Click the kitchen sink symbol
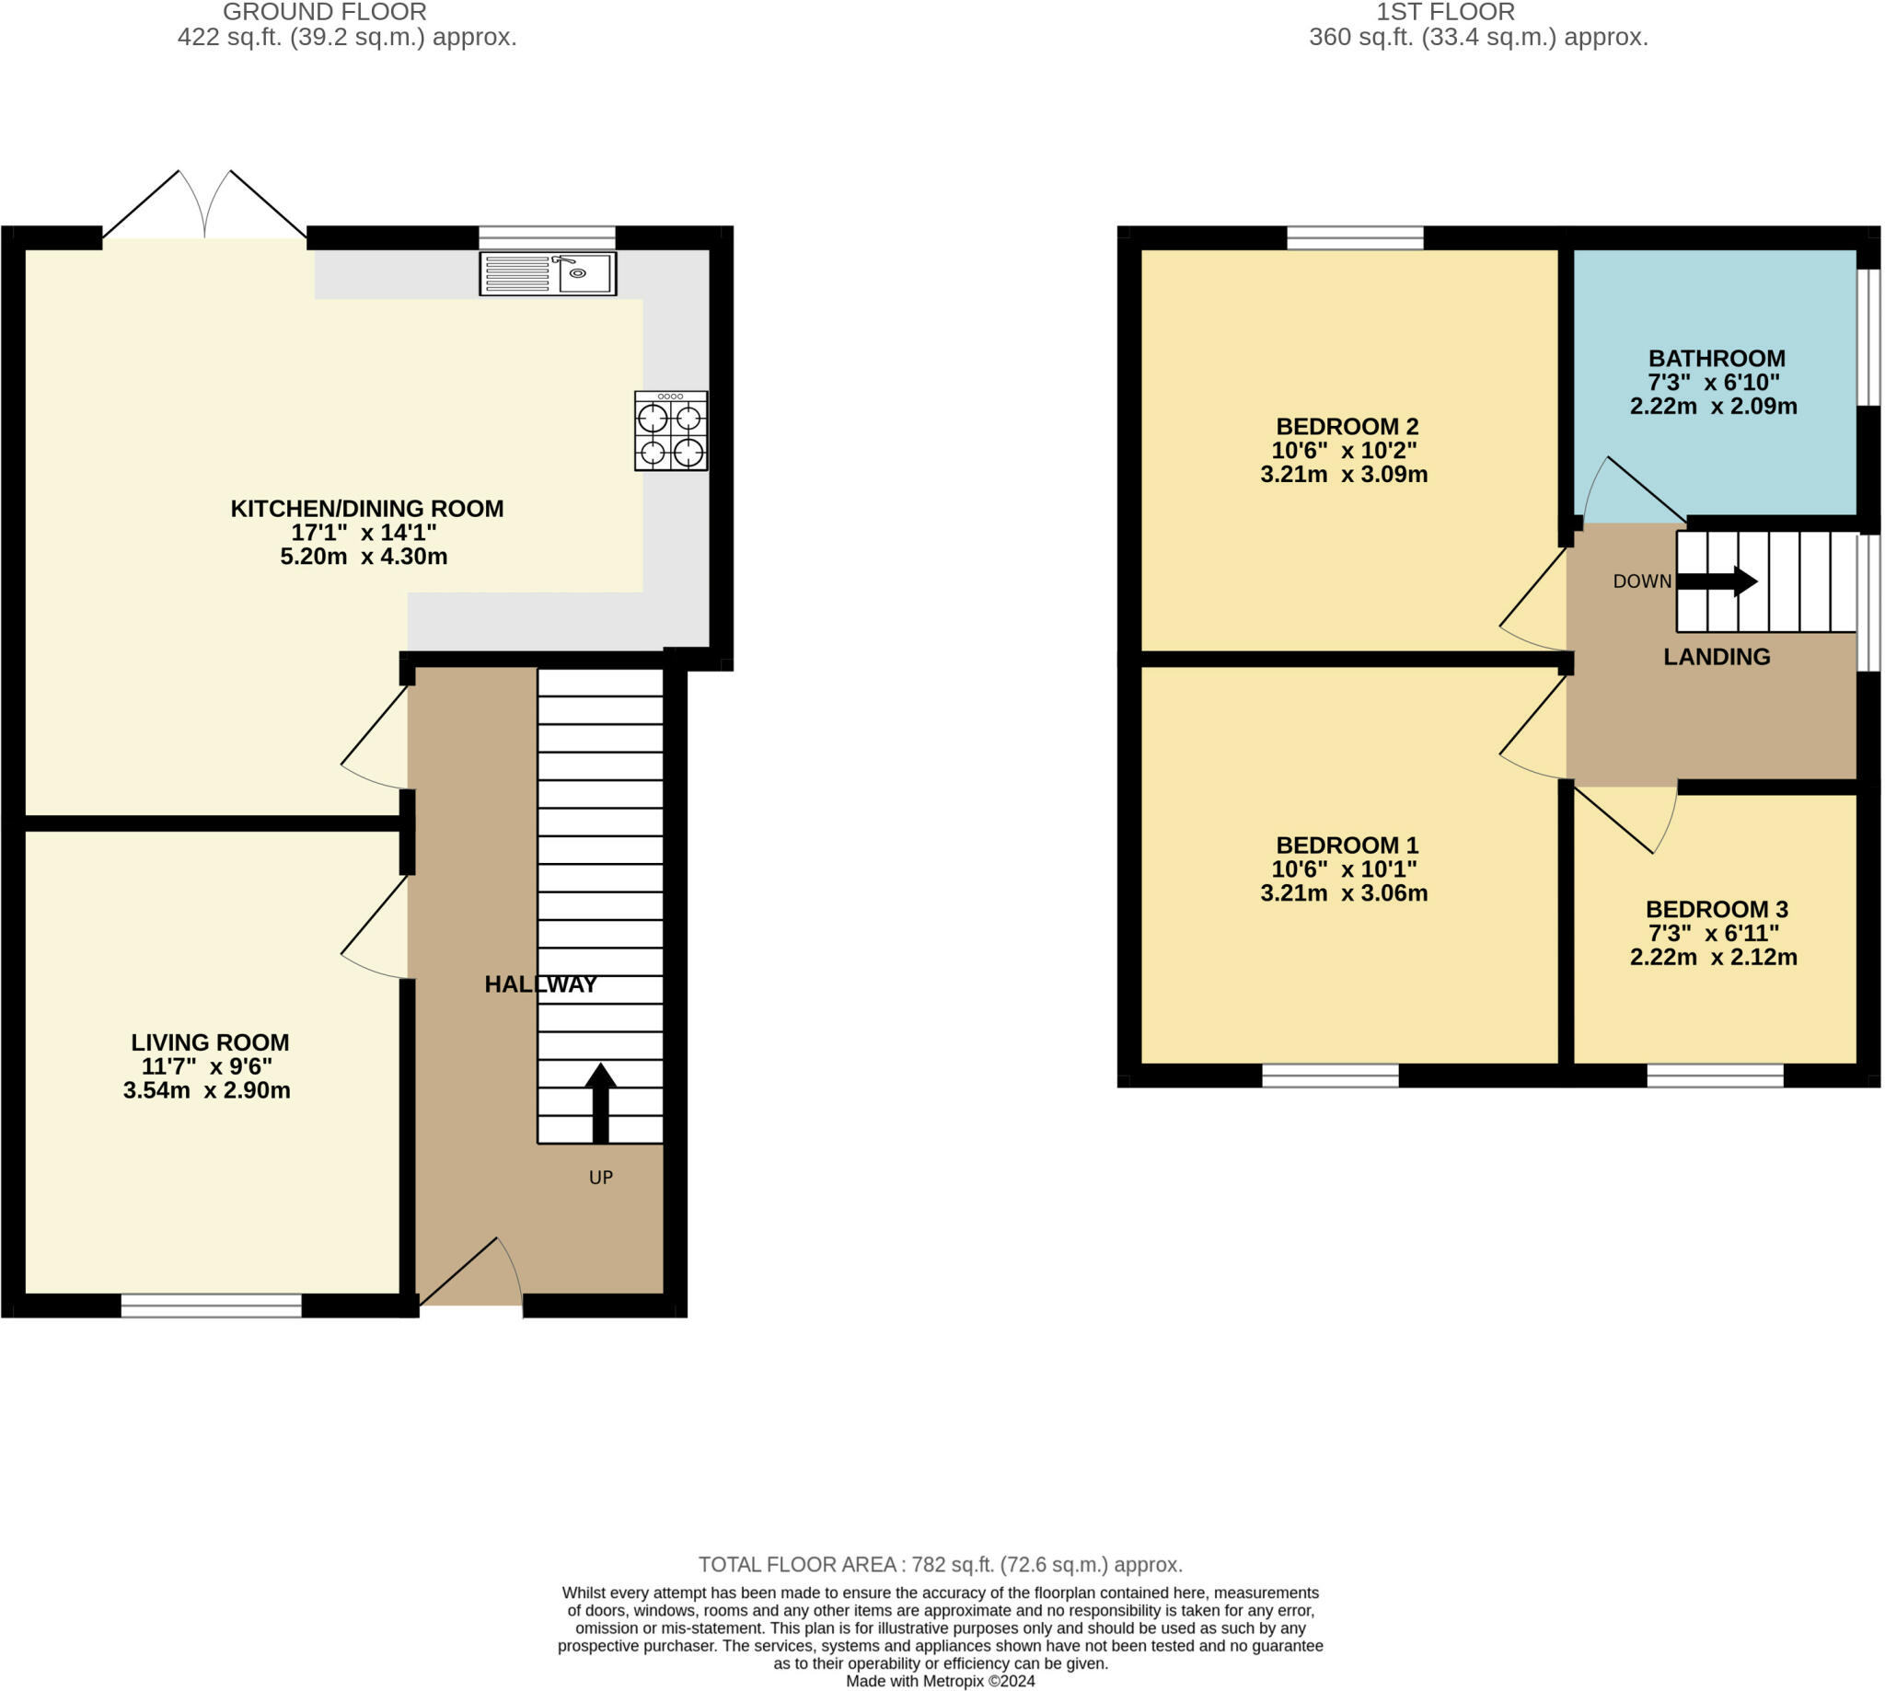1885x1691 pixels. click(548, 273)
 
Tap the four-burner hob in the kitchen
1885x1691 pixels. click(671, 431)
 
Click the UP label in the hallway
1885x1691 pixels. click(600, 1178)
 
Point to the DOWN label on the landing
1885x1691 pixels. click(1642, 581)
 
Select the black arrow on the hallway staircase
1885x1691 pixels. click(600, 1103)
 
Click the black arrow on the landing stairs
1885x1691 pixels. click(1717, 581)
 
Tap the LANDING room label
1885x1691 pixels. click(1716, 657)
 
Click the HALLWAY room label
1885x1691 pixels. click(540, 984)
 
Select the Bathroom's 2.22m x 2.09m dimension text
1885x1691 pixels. click(1713, 406)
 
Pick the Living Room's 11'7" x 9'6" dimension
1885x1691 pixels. click(206, 1066)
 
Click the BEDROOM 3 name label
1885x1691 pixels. click(1716, 910)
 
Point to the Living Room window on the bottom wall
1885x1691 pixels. click(211, 1306)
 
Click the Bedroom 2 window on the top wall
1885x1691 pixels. click(1354, 238)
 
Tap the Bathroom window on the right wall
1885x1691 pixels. click(1868, 338)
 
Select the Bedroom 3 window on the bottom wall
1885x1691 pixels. click(1715, 1076)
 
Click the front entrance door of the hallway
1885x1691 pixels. click(470, 1273)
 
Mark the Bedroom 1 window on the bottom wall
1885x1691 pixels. click(1330, 1076)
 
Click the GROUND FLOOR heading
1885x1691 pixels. click(324, 12)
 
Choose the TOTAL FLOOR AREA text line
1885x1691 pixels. click(941, 1565)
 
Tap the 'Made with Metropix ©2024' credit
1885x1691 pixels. click(940, 1681)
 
